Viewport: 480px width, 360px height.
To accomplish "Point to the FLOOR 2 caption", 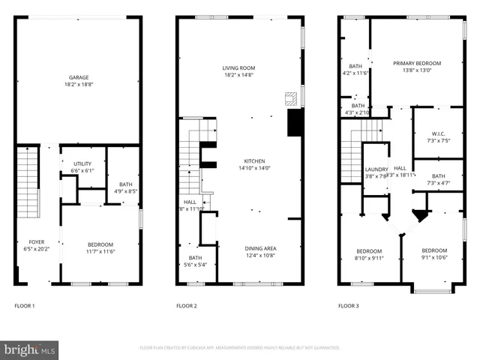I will [x=187, y=306].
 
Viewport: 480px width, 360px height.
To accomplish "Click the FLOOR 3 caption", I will [x=348, y=306].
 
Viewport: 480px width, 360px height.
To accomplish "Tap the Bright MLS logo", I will [x=30, y=349].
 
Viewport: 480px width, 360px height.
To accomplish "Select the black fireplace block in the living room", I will [x=295, y=123].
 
